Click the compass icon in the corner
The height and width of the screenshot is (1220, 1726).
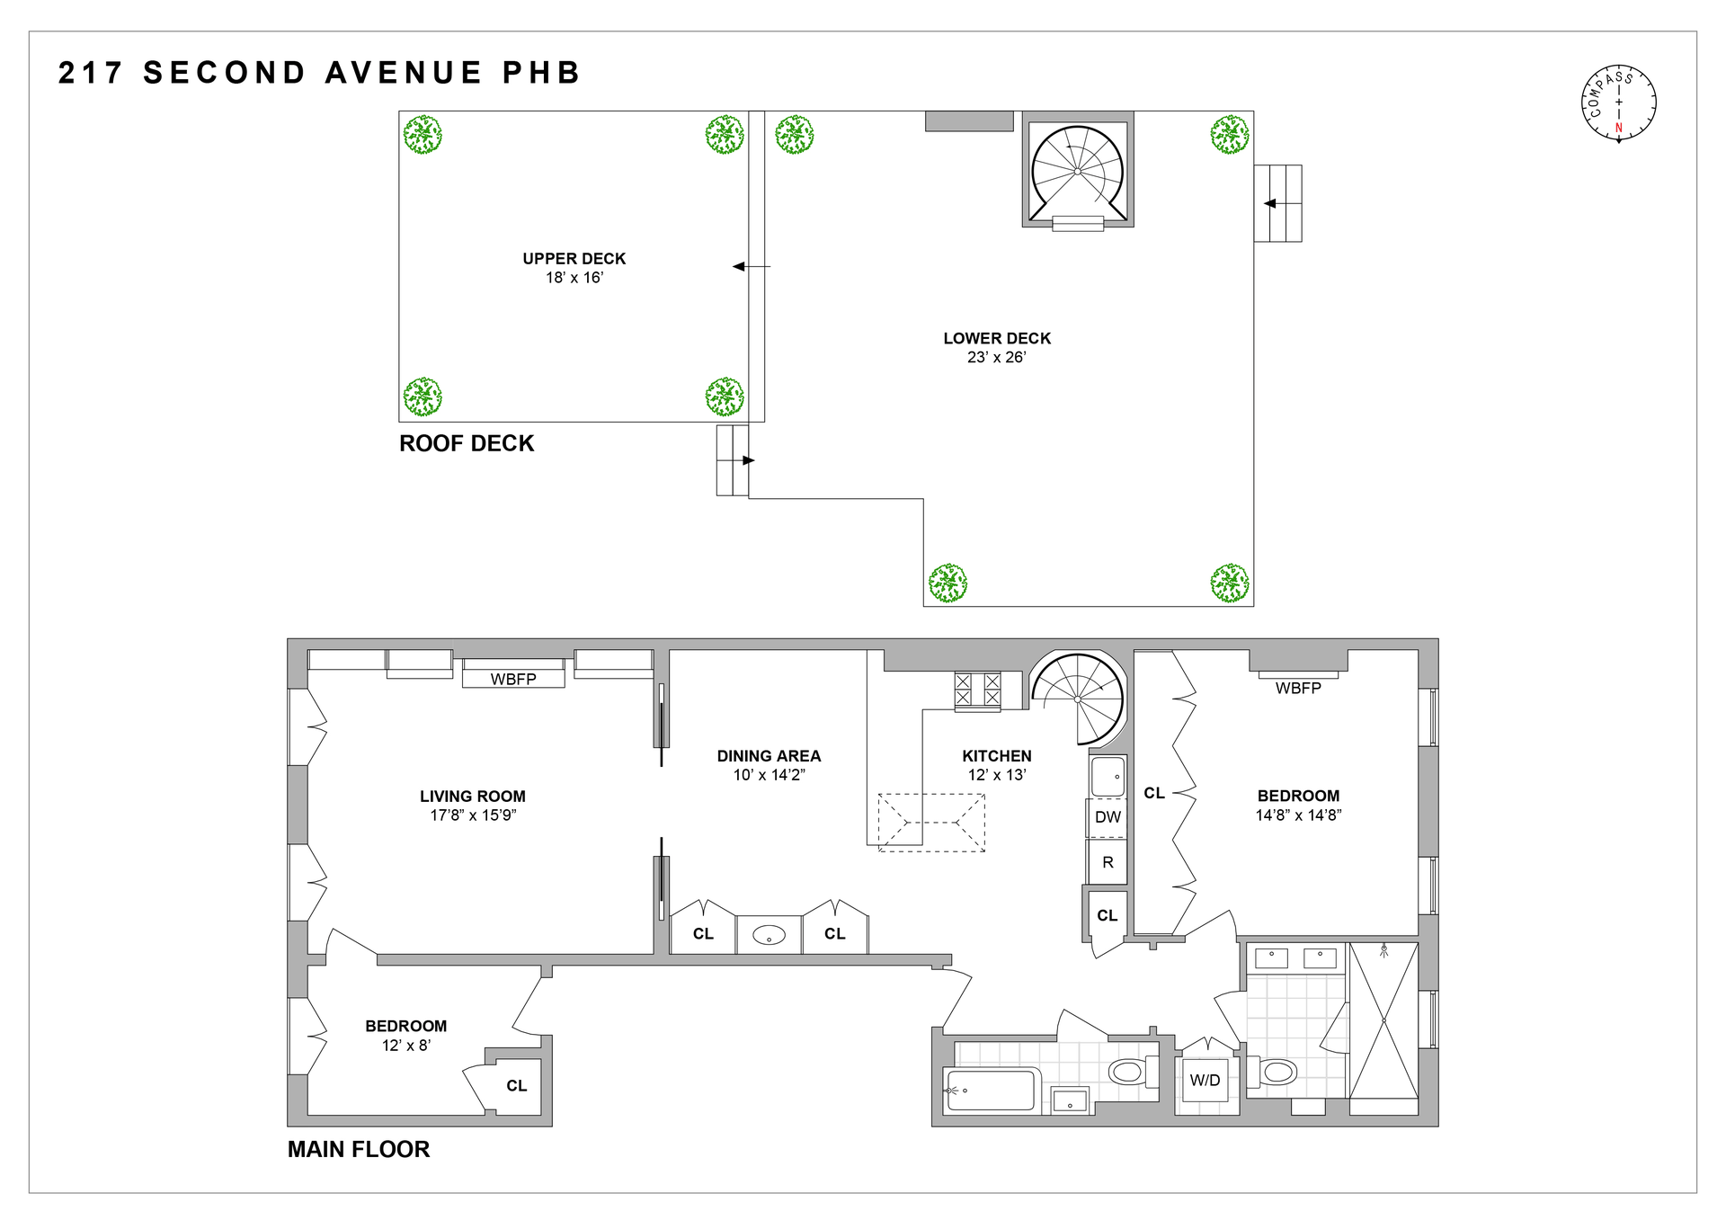[x=1618, y=102]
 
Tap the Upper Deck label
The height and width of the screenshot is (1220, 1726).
[x=574, y=259]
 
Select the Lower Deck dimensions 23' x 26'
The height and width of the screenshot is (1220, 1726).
[x=997, y=357]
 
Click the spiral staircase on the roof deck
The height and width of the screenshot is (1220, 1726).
[x=1078, y=171]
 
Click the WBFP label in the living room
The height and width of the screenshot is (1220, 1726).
[x=513, y=680]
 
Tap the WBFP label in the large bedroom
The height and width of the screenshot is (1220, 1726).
[x=1298, y=688]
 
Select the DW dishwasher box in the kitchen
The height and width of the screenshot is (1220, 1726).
[x=1108, y=817]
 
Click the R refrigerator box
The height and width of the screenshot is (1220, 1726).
[x=1108, y=862]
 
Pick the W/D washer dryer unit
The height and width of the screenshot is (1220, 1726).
[x=1206, y=1080]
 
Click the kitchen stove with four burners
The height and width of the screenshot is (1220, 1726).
[x=977, y=690]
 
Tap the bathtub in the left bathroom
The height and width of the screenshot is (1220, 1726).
[x=992, y=1090]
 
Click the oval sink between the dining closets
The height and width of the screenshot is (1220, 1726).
[x=769, y=935]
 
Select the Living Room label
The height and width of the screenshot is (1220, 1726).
[x=472, y=797]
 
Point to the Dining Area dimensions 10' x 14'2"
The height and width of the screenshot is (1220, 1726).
[x=769, y=775]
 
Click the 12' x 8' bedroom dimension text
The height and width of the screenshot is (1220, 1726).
[x=406, y=1046]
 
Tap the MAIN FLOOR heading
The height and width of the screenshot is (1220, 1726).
[x=359, y=1149]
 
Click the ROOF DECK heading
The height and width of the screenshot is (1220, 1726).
[x=467, y=443]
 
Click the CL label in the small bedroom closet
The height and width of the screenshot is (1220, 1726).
[x=516, y=1086]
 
